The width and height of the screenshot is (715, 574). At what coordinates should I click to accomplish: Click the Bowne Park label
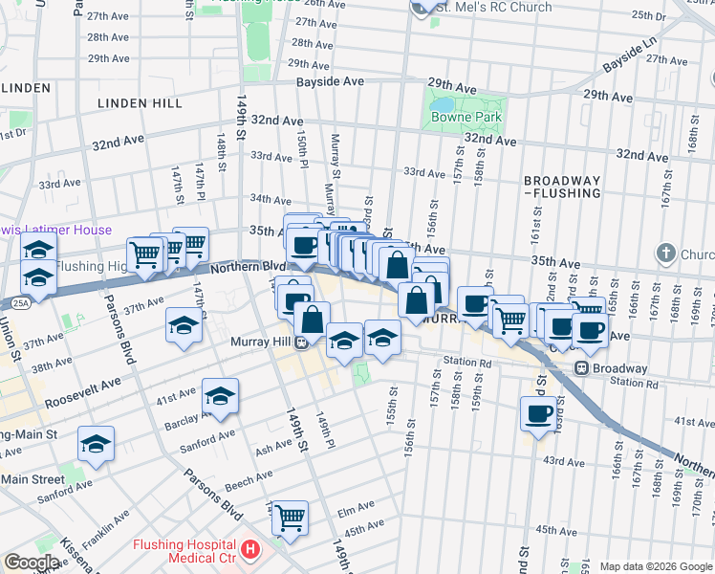point(466,118)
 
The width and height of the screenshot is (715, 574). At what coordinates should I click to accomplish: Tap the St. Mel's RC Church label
point(493,8)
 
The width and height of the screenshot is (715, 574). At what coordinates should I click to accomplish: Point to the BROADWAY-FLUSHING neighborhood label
point(562,187)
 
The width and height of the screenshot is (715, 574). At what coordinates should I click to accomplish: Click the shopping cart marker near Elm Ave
point(290,518)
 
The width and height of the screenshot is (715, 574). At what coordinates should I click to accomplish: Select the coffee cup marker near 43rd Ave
point(539,414)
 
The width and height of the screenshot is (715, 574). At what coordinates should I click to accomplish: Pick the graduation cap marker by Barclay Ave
point(220,395)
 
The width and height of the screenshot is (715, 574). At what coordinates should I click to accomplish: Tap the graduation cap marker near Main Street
point(96,444)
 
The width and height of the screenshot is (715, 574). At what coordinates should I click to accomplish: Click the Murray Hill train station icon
point(301,342)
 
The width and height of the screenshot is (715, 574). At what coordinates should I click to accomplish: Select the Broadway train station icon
point(580,368)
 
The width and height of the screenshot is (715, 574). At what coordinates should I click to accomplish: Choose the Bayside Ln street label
point(631,57)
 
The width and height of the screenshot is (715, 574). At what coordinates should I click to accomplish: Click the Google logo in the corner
point(32,563)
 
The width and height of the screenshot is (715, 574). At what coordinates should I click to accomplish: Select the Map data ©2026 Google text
point(655,566)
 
